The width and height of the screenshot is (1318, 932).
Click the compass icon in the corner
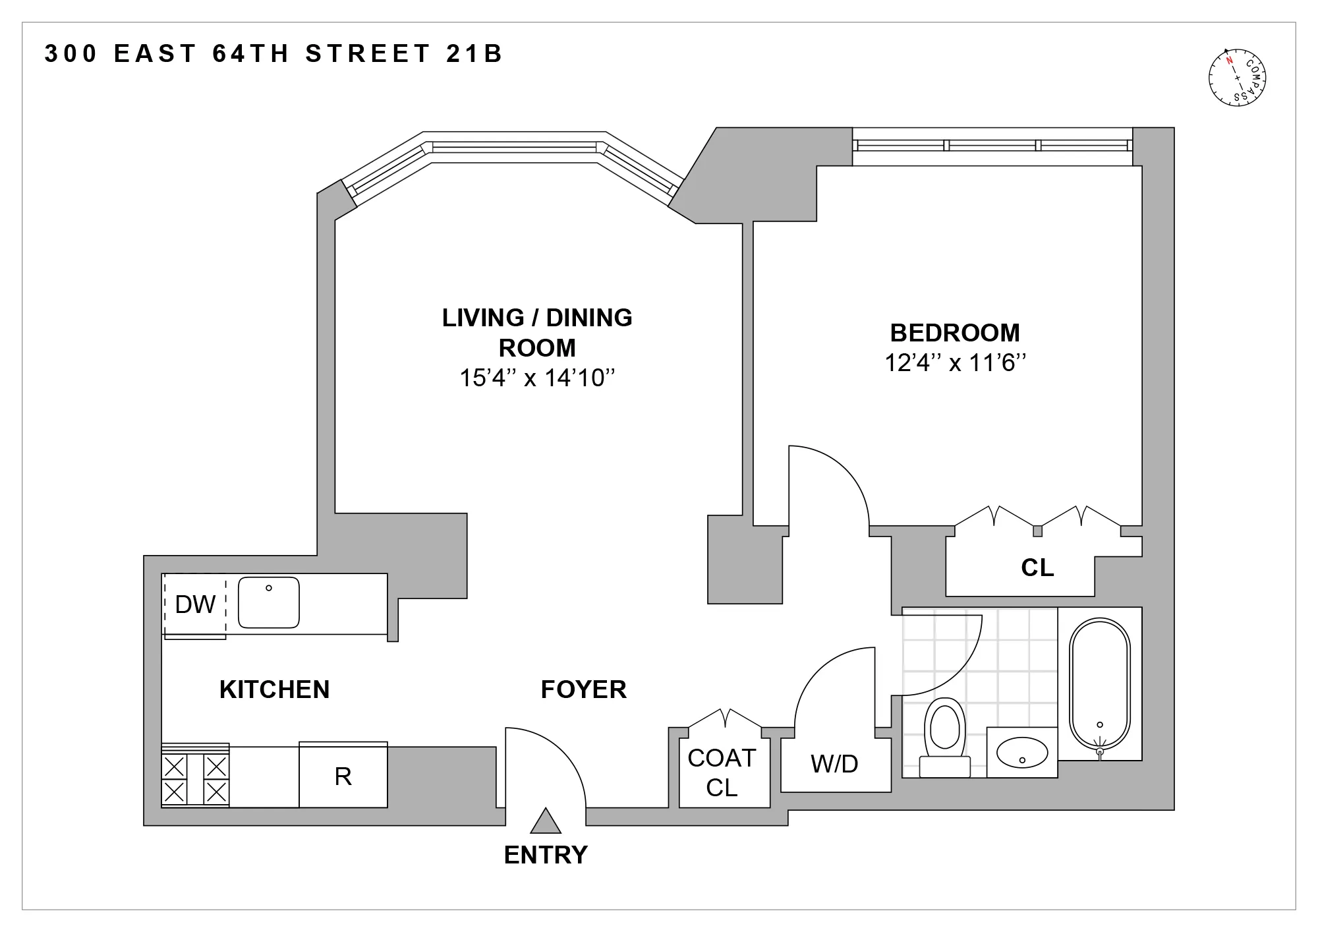pyautogui.click(x=1238, y=78)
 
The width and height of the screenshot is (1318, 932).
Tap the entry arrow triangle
pyautogui.click(x=546, y=822)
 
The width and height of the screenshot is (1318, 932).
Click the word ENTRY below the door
pyautogui.click(x=546, y=855)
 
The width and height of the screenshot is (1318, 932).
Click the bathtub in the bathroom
pyautogui.click(x=1099, y=685)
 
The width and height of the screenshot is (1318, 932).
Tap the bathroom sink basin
pyautogui.click(x=1021, y=752)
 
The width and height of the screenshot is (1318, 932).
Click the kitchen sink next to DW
pyautogui.click(x=268, y=602)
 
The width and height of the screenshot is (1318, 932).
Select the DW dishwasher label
pyautogui.click(x=195, y=604)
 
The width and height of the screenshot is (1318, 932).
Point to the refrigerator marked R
pyautogui.click(x=343, y=776)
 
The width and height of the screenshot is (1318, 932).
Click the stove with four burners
pyautogui.click(x=195, y=778)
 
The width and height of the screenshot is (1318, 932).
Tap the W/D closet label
pyautogui.click(x=834, y=764)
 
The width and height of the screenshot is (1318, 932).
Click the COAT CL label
pyautogui.click(x=722, y=772)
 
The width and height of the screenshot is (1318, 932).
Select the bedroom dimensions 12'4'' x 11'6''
pyautogui.click(x=955, y=363)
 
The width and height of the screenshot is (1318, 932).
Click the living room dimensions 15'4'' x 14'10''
pyautogui.click(x=537, y=378)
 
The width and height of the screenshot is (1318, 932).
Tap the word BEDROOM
pyautogui.click(x=955, y=333)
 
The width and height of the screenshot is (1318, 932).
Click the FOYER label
pyautogui.click(x=583, y=689)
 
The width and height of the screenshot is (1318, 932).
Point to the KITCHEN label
pyautogui.click(x=274, y=689)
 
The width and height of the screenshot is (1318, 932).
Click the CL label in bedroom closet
pyautogui.click(x=1037, y=568)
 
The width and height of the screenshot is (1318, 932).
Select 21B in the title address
pyautogui.click(x=474, y=53)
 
